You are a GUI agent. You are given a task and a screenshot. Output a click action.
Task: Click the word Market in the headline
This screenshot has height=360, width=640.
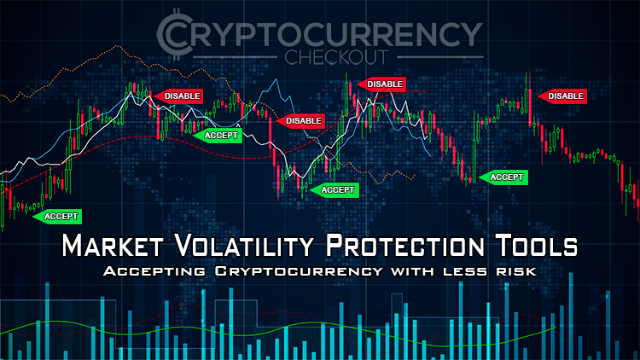113,246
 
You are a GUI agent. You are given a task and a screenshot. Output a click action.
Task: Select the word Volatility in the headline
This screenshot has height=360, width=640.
244,246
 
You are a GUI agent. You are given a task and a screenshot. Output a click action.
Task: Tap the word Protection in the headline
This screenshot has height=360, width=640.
404,246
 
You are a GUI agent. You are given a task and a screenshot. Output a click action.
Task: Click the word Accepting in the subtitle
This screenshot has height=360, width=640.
154,271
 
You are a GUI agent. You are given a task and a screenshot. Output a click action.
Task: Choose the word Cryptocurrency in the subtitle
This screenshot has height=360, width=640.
300,271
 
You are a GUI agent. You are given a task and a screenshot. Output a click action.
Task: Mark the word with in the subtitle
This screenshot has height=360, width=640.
412,271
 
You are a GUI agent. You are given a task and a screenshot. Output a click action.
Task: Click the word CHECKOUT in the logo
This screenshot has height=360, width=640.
336,57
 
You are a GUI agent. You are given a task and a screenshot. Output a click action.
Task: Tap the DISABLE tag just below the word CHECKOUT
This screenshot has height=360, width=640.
381,84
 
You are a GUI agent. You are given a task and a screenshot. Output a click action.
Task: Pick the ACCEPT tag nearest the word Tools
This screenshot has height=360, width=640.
503,177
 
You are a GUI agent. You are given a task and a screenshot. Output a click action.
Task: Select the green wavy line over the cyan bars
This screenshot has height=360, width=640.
286,327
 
